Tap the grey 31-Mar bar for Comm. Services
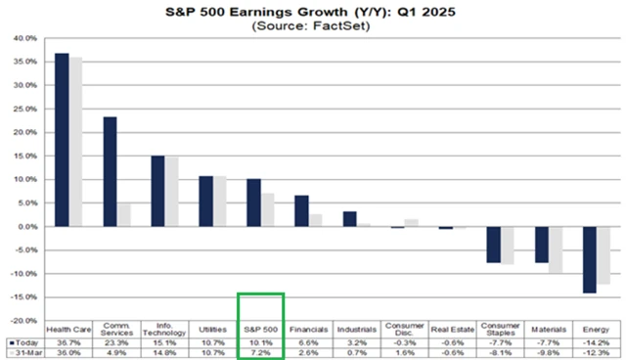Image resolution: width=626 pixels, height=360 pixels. [x=123, y=215]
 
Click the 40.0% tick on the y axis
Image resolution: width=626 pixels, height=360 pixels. [x=25, y=39]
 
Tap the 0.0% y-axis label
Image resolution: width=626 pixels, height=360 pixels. [x=27, y=227]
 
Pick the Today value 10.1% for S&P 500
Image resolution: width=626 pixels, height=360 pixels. [x=260, y=342]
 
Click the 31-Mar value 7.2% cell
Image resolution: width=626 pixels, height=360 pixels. [x=260, y=352]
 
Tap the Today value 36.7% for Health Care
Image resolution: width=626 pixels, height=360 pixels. [x=68, y=342]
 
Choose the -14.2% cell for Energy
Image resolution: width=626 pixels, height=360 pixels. [x=596, y=342]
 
